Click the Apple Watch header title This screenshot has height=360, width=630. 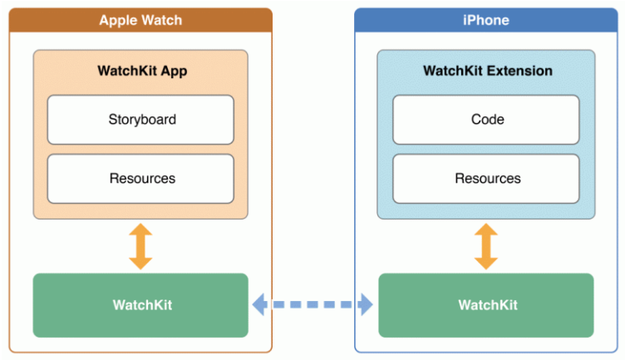[x=140, y=20]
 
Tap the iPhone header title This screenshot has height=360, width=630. [x=486, y=20]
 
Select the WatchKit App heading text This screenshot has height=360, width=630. [x=142, y=71]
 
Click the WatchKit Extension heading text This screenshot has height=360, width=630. [x=487, y=71]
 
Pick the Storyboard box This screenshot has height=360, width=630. [x=141, y=120]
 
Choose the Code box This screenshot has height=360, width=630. [x=487, y=120]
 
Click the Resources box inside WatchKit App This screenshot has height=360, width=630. [x=141, y=179]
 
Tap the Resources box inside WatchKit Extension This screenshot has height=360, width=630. [x=487, y=179]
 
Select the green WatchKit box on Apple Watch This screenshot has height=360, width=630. [x=141, y=305]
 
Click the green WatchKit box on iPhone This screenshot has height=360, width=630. [x=487, y=305]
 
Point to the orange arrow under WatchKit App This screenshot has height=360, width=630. [x=141, y=246]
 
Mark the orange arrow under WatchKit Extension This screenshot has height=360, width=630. [x=486, y=246]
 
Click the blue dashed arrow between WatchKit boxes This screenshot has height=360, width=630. [x=313, y=305]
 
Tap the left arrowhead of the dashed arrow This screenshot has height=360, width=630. [x=259, y=305]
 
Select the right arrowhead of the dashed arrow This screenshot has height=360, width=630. [x=367, y=305]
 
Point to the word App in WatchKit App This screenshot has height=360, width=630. [x=174, y=71]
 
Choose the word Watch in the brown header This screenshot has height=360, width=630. [x=161, y=20]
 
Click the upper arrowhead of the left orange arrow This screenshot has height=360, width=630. [x=141, y=229]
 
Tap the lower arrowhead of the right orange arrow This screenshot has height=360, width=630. [x=486, y=263]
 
